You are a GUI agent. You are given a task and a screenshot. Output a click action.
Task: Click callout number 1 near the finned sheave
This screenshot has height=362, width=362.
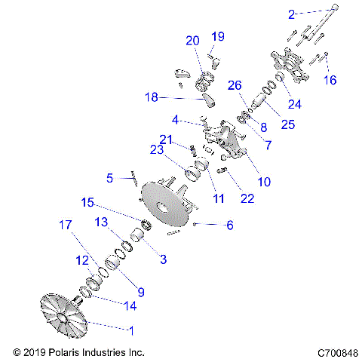pyautogui.click(x=134, y=331)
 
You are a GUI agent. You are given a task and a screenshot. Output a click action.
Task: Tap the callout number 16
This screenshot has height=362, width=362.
pyautogui.click(x=330, y=80)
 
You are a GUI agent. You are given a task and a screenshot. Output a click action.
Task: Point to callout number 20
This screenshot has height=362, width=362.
pyautogui.click(x=192, y=40)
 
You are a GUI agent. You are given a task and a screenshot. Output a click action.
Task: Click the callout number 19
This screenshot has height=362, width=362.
pyautogui.click(x=218, y=36)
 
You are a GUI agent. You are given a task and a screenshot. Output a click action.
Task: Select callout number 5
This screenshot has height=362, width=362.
pyautogui.click(x=110, y=179)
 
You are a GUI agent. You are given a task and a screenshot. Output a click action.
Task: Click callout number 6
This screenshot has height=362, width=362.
pyautogui.click(x=230, y=225)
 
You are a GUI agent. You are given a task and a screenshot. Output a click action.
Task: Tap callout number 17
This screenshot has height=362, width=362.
pyautogui.click(x=66, y=224)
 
